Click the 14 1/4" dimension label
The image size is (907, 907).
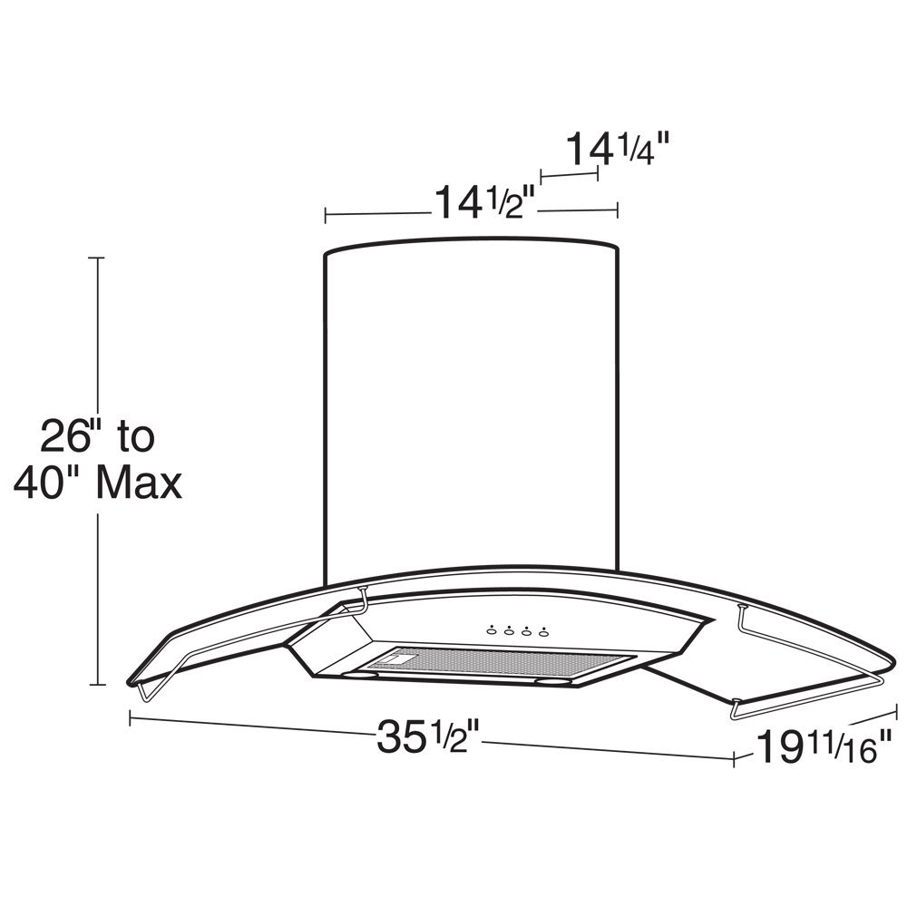coord(619,149)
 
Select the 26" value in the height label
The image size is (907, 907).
coord(66,438)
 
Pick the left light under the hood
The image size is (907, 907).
coord(363,675)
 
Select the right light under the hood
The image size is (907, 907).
coord(551,680)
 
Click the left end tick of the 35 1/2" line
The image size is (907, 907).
coord(132,718)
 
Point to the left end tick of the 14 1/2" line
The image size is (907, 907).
coord(326,215)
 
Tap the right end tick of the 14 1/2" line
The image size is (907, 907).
coord(618,210)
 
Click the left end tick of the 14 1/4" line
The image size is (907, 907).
coord(541,174)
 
